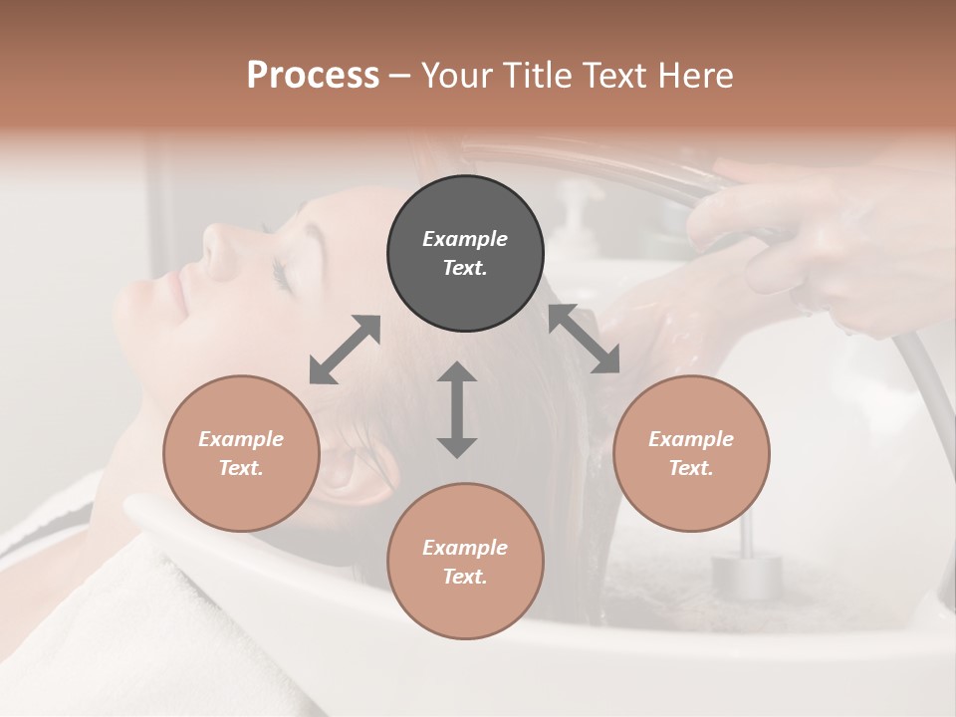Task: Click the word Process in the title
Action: click(313, 76)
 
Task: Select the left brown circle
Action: click(241, 453)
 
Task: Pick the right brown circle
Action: click(691, 453)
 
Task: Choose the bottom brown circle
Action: click(465, 562)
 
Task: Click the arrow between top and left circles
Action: click(345, 350)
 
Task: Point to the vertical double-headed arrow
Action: click(457, 409)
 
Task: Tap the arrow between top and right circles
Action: click(585, 339)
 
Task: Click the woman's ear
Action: click(354, 468)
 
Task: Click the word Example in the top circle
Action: click(465, 239)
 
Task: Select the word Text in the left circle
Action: click(241, 468)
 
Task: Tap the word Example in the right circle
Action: click(691, 439)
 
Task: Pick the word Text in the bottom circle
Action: click(465, 577)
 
